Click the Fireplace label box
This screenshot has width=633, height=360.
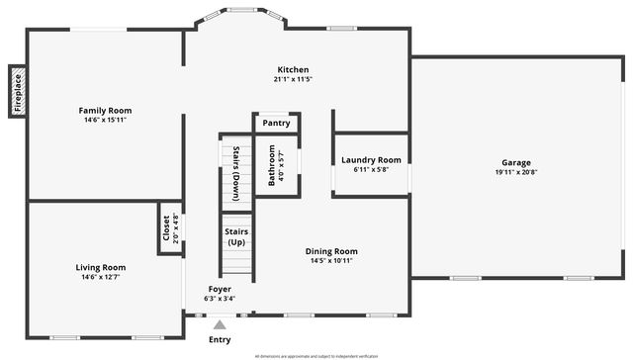click(x=18, y=92)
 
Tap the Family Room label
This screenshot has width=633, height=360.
click(x=105, y=110)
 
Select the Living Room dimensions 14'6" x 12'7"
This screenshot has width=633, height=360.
click(x=101, y=278)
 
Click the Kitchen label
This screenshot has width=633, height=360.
click(x=293, y=69)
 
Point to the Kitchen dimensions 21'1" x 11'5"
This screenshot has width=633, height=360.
click(x=293, y=79)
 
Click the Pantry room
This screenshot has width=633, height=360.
click(x=277, y=124)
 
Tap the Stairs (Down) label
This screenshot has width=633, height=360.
click(x=236, y=174)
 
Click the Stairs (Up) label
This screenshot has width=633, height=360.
click(x=237, y=236)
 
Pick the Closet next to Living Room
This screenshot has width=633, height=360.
click(x=170, y=228)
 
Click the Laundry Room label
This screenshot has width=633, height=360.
click(x=371, y=160)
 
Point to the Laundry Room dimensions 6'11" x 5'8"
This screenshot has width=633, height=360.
click(x=371, y=170)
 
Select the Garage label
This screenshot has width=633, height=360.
click(x=515, y=162)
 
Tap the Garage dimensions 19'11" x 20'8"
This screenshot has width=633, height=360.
click(x=515, y=172)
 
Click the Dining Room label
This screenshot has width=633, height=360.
click(x=331, y=251)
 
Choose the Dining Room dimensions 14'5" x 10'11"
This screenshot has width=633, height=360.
click(x=331, y=261)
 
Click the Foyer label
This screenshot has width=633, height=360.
click(x=219, y=288)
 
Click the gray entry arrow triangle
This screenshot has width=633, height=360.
click(x=220, y=322)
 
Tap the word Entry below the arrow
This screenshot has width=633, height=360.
click(x=220, y=339)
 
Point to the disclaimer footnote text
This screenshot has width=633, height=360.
click(x=316, y=355)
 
